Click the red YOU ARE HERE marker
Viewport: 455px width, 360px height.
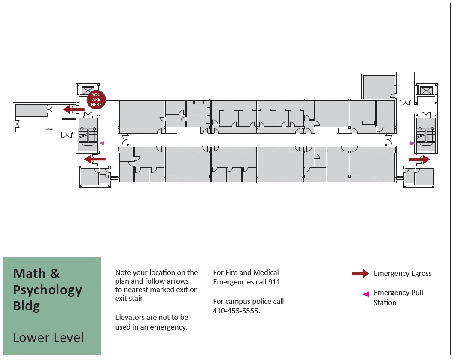tap(96, 100)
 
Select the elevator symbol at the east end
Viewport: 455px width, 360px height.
tap(426, 90)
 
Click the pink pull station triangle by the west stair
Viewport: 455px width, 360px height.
tap(102, 143)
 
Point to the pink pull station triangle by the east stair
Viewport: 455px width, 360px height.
tap(412, 143)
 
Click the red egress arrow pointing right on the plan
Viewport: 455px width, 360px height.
tap(419, 159)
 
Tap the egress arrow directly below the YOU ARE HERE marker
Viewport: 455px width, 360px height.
tap(74, 109)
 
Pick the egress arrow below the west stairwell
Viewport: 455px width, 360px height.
tap(95, 159)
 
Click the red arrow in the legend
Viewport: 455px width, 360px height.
tap(361, 274)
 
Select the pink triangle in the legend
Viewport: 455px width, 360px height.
tap(366, 294)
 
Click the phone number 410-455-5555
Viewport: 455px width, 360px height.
tap(237, 311)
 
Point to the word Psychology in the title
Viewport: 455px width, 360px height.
tap(48, 290)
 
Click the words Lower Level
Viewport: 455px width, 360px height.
tap(49, 337)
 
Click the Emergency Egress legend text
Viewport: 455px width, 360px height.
tap(403, 273)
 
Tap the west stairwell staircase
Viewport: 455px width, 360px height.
tap(88, 136)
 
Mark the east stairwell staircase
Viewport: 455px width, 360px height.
tap(426, 136)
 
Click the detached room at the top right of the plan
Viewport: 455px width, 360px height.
tap(379, 87)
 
